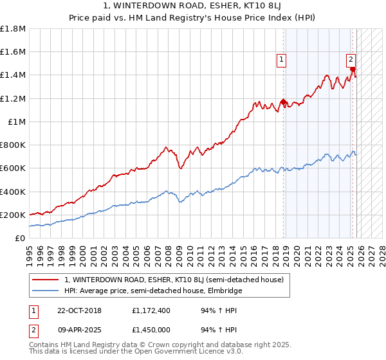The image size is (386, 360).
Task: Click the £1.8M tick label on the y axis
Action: point(13,29)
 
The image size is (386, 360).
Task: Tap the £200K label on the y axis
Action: point(13,215)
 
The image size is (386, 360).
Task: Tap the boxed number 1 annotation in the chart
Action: point(282,60)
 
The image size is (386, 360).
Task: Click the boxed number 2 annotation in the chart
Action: point(351,60)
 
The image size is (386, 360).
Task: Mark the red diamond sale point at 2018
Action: point(284,102)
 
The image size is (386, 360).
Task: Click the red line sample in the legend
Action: point(46,280)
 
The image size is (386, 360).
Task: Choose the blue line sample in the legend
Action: point(46,291)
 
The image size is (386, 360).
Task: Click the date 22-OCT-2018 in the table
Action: point(77,310)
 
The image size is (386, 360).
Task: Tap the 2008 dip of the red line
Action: point(180,168)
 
